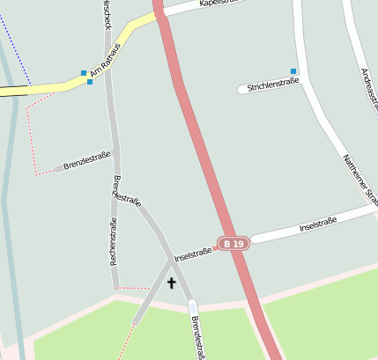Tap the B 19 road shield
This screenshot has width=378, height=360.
click(x=233, y=243)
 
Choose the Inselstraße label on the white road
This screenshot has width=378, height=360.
click(x=318, y=225)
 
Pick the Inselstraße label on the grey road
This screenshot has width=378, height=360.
click(x=193, y=255)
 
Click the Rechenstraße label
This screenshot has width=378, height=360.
click(x=113, y=242)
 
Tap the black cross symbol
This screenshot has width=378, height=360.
click(x=171, y=283)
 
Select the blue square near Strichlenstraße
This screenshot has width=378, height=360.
click(x=293, y=70)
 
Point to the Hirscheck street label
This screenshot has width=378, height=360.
click(x=107, y=13)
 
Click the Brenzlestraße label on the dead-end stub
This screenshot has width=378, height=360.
click(x=87, y=161)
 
